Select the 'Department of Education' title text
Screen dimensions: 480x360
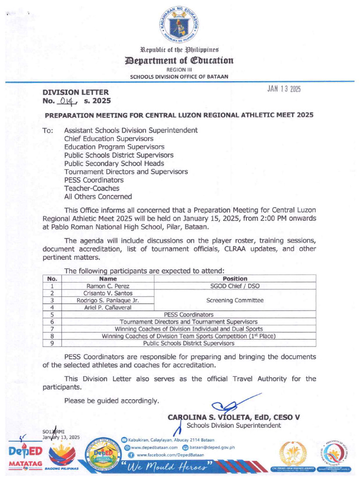pyautogui.click(x=180, y=60)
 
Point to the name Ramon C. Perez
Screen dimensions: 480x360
pyautogui.click(x=108, y=286)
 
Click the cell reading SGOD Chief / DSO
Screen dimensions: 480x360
pyautogui.click(x=235, y=286)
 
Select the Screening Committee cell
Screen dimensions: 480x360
pyautogui.click(x=235, y=300)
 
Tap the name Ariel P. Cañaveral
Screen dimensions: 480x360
pyautogui.click(x=108, y=307)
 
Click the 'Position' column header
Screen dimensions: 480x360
pyautogui.click(x=235, y=278)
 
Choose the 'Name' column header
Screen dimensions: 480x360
pyautogui.click(x=108, y=278)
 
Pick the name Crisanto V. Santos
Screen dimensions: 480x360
pyautogui.click(x=108, y=293)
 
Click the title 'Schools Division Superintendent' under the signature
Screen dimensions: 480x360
pyautogui.click(x=234, y=425)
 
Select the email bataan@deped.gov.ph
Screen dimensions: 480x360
pyautogui.click(x=212, y=447)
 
